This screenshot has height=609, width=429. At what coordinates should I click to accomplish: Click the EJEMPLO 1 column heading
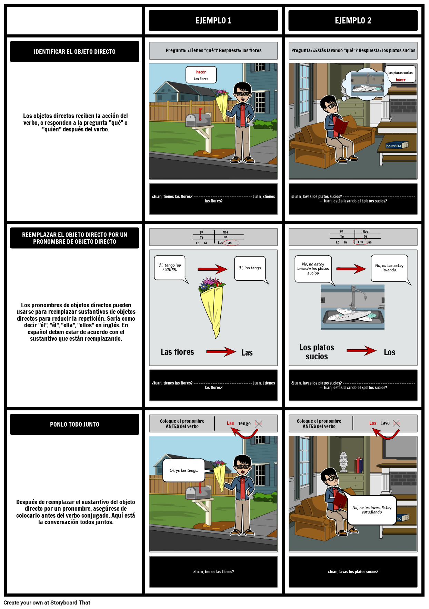(213, 21)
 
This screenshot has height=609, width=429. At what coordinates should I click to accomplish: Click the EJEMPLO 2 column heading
(353, 21)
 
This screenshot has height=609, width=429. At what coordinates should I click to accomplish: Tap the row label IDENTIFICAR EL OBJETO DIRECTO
(74, 52)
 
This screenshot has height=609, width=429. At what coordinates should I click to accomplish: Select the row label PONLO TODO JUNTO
(74, 425)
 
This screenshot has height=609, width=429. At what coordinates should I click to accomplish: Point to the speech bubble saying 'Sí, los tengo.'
(250, 268)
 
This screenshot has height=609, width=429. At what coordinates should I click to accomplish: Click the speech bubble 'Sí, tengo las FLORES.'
(170, 268)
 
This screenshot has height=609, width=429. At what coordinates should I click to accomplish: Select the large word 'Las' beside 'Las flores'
(247, 353)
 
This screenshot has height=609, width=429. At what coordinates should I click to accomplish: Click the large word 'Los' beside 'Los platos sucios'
(389, 352)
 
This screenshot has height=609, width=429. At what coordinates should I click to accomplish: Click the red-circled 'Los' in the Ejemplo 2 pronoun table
(360, 242)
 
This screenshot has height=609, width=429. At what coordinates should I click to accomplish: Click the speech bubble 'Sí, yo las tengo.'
(184, 470)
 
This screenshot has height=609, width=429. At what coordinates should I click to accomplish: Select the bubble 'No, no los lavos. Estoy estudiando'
(372, 510)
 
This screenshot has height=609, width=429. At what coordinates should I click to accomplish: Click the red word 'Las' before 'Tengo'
(230, 423)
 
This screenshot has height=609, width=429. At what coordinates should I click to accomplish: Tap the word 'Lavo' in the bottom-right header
(385, 423)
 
